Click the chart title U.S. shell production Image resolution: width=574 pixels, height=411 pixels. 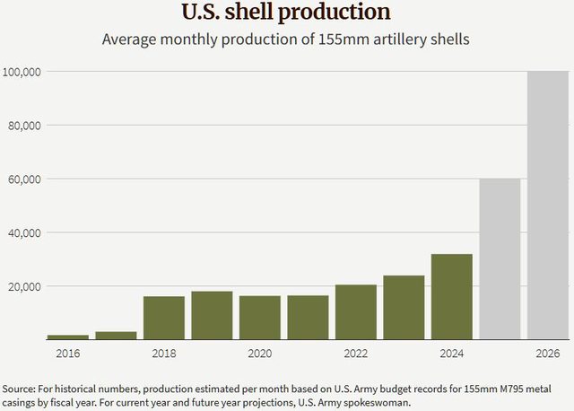point(286,13)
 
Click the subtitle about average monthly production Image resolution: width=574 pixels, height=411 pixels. point(286,39)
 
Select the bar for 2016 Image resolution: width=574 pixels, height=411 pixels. point(68,337)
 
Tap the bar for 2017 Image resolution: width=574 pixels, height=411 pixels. point(116,335)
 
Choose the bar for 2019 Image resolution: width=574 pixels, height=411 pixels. point(212,315)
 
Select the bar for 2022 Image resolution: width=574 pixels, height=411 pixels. point(356,312)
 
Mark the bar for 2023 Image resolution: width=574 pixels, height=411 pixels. point(404,307)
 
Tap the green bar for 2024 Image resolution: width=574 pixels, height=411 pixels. point(452,296)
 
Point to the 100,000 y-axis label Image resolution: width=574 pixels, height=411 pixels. point(22,71)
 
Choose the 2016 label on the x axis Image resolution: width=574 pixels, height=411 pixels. point(68,354)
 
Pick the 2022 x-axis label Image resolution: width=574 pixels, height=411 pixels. point(356,354)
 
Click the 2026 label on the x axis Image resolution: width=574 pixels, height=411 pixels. point(548,354)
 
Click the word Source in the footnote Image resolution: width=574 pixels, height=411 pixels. point(19,388)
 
